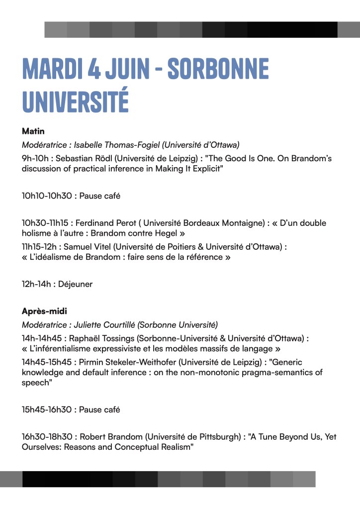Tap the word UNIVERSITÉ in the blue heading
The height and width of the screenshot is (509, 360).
(x=76, y=101)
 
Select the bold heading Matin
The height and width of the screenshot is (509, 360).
(x=33, y=131)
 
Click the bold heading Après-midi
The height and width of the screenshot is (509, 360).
(x=44, y=311)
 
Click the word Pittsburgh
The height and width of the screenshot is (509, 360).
(x=221, y=437)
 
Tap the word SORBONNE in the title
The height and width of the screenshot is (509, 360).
(x=218, y=69)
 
